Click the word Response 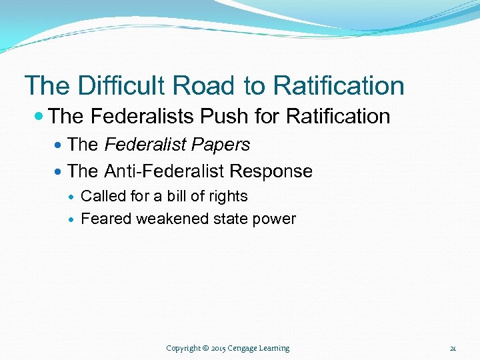[x=271, y=171]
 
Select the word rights [x=227, y=197]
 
